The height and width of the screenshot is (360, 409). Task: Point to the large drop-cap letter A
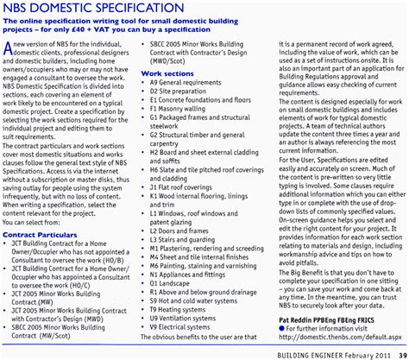[x=9, y=73]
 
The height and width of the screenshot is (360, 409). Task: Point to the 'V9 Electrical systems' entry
[x=179, y=351]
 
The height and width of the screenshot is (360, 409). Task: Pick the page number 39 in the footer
[x=397, y=355]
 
